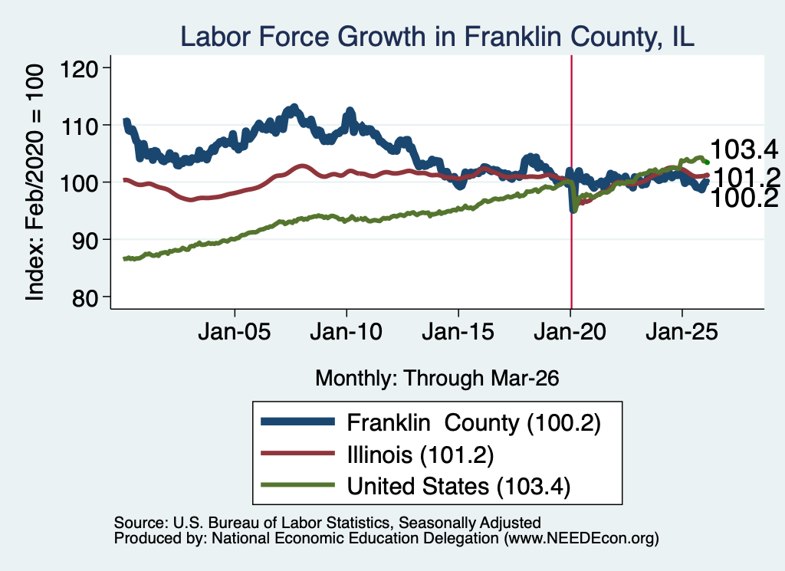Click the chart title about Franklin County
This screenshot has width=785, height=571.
(437, 37)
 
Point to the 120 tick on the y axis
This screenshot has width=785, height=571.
(79, 68)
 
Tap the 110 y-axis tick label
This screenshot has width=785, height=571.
(79, 126)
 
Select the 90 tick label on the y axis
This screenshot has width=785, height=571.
(84, 241)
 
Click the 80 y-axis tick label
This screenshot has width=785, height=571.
(84, 298)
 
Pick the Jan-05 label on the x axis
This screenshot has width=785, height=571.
(235, 332)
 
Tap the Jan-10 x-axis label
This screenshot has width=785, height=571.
(347, 332)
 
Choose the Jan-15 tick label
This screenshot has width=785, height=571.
(458, 332)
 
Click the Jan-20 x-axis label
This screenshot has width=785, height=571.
(570, 332)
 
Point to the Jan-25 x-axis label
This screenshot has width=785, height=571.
(682, 332)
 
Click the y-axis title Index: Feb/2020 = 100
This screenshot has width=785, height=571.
(34, 182)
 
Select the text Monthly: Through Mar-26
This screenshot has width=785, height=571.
(437, 379)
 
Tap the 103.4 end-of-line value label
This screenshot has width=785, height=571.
(744, 149)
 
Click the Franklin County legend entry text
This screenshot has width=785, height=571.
(474, 423)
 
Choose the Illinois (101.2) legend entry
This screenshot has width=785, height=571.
(421, 455)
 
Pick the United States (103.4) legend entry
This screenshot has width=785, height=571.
(458, 487)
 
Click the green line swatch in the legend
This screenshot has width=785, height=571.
(298, 484)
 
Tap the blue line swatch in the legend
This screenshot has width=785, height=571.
(298, 422)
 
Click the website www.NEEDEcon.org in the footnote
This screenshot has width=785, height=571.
(581, 539)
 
